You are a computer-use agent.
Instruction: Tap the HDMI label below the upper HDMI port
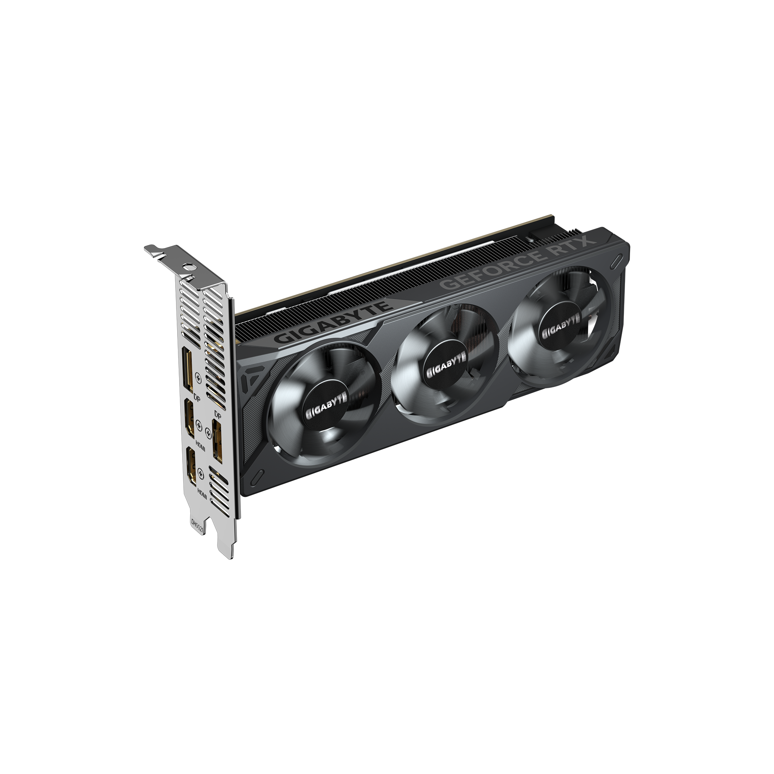(200, 445)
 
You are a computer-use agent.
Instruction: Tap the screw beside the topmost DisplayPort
(198, 376)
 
